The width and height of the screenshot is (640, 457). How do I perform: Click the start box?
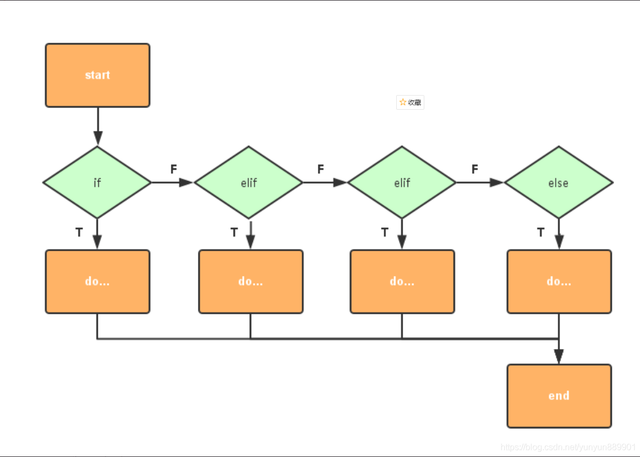97,76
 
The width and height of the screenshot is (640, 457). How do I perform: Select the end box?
559,396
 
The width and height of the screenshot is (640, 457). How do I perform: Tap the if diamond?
97,183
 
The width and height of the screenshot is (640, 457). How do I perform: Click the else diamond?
559,183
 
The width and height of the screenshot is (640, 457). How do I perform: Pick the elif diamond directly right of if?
249,183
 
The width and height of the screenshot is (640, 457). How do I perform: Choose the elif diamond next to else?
402,183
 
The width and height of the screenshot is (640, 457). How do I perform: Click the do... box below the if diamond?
97,281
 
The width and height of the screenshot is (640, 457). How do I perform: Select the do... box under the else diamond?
559,281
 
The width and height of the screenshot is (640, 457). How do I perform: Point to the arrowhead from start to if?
97,138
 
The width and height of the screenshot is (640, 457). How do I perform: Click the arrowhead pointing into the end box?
559,357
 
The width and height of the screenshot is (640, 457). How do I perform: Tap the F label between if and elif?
174,169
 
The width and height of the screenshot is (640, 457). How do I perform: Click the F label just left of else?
475,169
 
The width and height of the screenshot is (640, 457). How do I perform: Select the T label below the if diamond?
79,233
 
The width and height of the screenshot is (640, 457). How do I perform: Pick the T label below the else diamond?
541,233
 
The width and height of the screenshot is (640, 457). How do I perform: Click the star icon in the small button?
403,103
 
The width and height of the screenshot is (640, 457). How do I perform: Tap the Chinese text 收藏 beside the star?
414,103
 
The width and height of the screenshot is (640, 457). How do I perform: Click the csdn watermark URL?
568,447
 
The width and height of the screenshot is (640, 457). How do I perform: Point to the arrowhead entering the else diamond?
497,183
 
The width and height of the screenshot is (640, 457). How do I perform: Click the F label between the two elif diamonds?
321,169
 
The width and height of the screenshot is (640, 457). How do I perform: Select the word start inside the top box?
97,75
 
